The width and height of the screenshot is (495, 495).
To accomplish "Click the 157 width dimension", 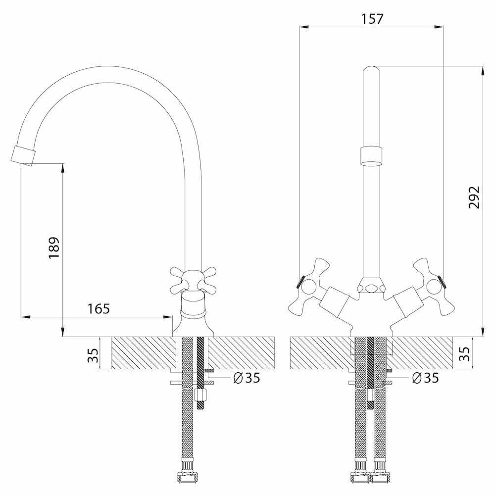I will click(372, 19).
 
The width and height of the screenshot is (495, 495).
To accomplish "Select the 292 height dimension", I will click(474, 197).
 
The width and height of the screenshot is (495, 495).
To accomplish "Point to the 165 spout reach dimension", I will click(99, 308).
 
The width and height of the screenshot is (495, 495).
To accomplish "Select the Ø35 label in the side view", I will click(246, 378).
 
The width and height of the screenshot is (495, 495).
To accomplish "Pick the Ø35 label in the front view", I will click(425, 378).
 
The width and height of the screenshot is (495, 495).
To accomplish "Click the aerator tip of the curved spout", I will click(23, 154).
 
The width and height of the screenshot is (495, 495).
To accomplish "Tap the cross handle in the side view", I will click(193, 279).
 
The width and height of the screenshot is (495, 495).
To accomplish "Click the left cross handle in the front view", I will click(310, 286).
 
